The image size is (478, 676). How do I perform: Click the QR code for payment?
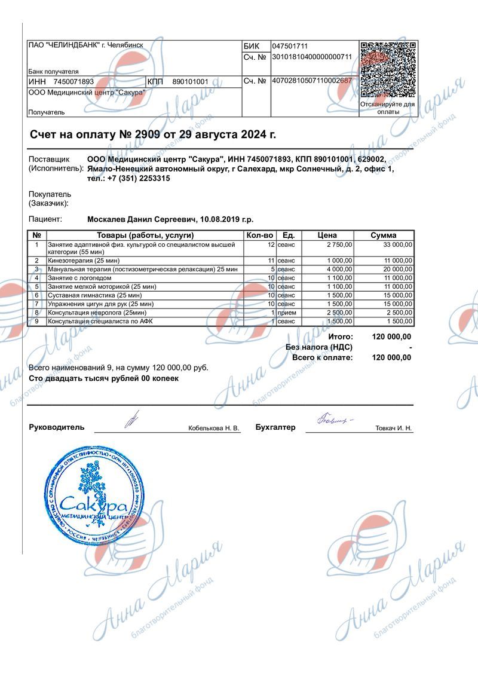coord(388,69)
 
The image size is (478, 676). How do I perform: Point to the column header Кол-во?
coord(259,235)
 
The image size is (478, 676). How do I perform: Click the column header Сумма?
coord(383,235)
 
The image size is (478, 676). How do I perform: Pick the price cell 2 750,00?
coord(339,244)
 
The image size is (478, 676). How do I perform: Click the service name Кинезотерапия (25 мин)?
coord(84,261)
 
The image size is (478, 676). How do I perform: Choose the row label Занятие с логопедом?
coord(79,278)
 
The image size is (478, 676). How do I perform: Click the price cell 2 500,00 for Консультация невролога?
coord(339,313)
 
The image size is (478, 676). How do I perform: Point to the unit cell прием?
coord(287,313)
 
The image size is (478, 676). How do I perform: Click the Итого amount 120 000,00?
coord(391,337)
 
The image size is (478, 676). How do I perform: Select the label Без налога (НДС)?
coord(319,347)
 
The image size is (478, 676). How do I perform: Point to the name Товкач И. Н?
coord(393,429)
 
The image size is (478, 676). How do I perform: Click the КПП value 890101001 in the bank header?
coord(190,82)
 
